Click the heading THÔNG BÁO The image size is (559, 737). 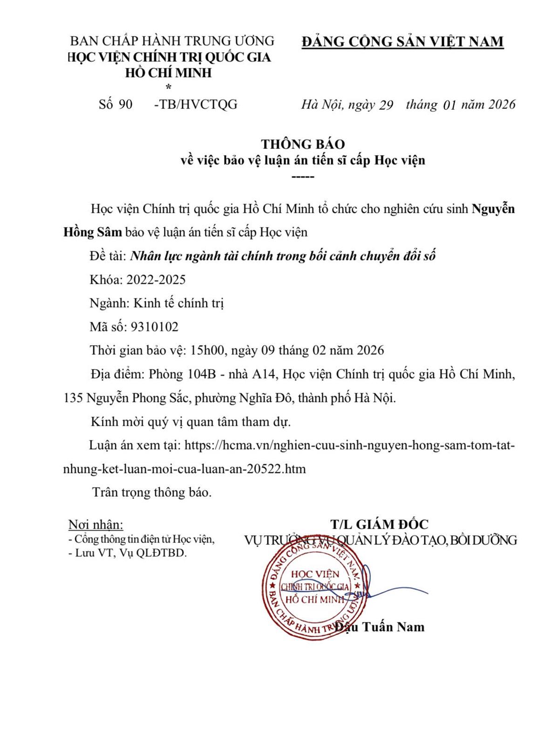[x=303, y=144]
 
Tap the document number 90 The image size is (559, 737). [x=125, y=104]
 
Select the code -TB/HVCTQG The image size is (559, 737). [x=196, y=104]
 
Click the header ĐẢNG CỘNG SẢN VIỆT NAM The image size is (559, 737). [x=402, y=42]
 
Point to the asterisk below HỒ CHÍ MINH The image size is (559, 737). [x=168, y=87]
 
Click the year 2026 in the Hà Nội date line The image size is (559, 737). [x=502, y=104]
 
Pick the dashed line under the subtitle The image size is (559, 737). [x=303, y=177]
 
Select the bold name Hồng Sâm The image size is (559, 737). [x=93, y=232]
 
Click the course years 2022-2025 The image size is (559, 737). [x=156, y=279]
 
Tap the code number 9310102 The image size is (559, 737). [x=155, y=327]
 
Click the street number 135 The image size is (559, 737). [x=73, y=398]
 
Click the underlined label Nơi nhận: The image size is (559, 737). [x=96, y=525]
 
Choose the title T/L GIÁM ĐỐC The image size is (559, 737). [x=379, y=524]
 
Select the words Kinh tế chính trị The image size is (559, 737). [x=179, y=303]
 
